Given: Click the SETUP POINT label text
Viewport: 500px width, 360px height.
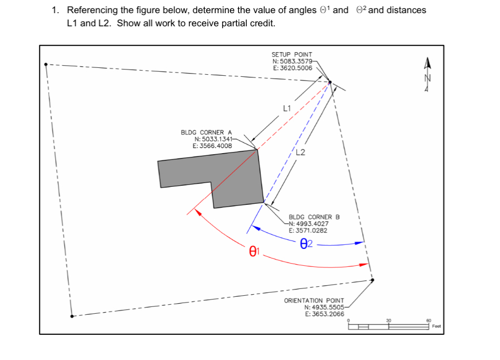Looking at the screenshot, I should click(292, 54).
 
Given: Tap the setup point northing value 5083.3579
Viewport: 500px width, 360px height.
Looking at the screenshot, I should click(295, 61).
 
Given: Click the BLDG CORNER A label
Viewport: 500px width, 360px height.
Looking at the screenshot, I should click(206, 132).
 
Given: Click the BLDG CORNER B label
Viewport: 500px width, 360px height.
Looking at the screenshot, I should click(314, 217).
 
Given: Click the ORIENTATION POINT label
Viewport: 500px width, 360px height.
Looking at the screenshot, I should click(314, 301).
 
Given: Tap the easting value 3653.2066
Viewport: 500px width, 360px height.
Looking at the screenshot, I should click(325, 314).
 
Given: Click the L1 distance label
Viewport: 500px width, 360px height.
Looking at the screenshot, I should click(287, 109).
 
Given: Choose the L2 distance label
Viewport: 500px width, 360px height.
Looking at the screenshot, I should click(301, 153).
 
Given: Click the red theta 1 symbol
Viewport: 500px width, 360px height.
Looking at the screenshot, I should click(254, 252).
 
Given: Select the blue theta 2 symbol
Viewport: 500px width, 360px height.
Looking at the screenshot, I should click(306, 244).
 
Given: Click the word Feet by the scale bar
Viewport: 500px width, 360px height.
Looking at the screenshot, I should click(436, 326).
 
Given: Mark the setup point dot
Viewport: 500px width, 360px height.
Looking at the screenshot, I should click(330, 82).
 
